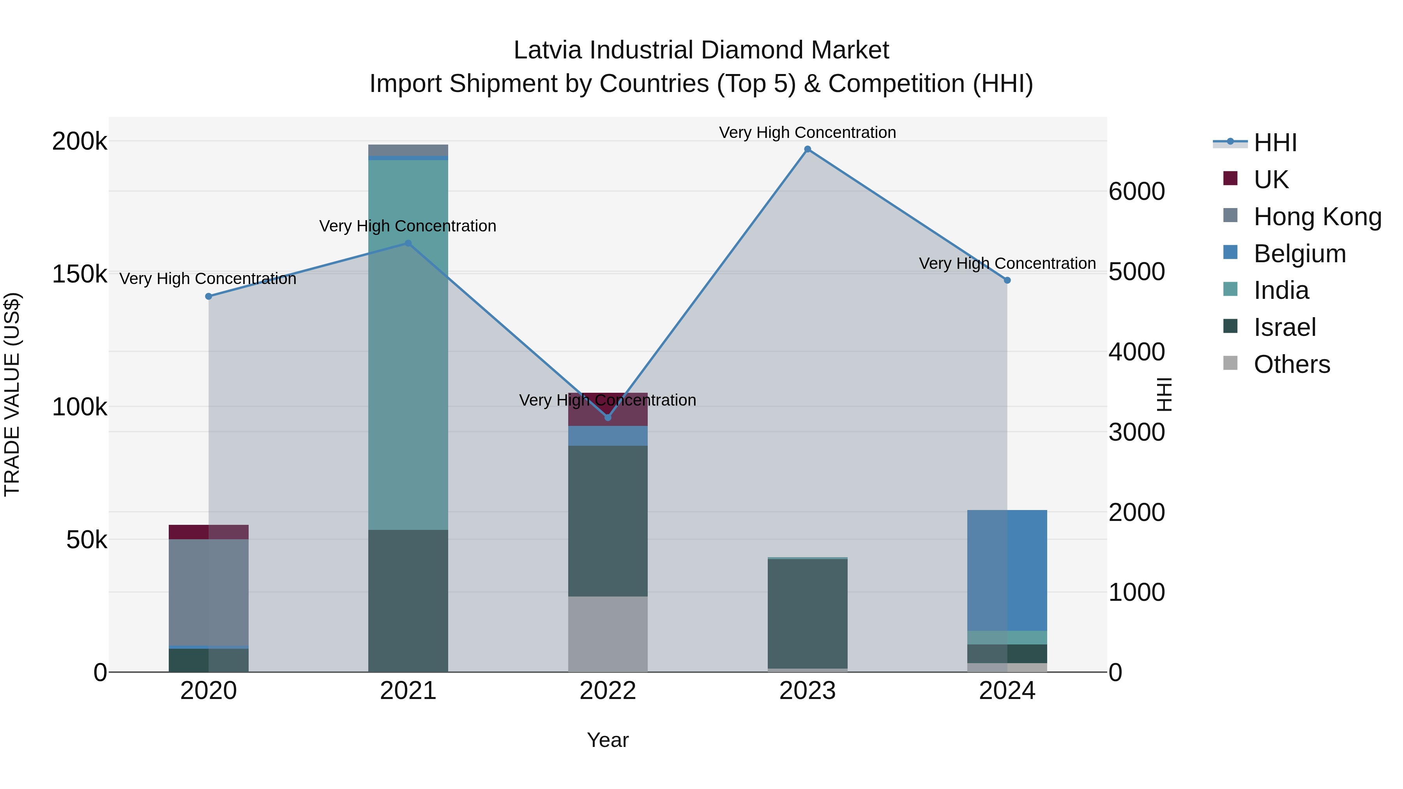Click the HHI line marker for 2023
[808, 149]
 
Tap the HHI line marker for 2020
[209, 296]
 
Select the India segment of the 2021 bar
[408, 343]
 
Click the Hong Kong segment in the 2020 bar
[209, 592]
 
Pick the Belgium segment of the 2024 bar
[1007, 570]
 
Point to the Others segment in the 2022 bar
[608, 634]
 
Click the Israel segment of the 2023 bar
[808, 614]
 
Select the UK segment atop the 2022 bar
[608, 409]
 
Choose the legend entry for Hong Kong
[1317, 216]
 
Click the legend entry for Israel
[1284, 327]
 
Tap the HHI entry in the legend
[1274, 143]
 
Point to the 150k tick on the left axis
[80, 274]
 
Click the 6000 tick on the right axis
[1137, 192]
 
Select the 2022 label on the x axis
[608, 691]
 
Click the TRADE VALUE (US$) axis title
[12, 394]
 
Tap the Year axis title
[608, 740]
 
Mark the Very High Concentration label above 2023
[808, 132]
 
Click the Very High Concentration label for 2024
[1007, 263]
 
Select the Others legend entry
[1292, 364]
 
